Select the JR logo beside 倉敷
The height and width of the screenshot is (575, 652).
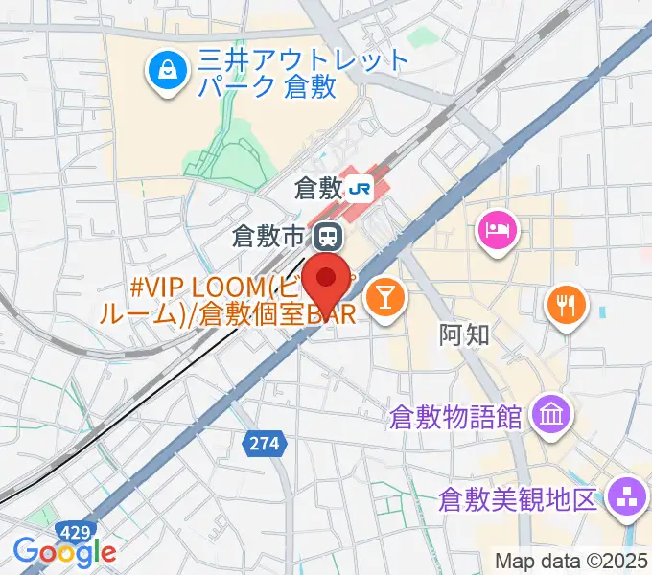(x=361, y=188)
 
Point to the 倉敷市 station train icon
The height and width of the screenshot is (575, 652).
(x=328, y=234)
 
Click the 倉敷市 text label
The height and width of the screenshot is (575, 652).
(x=272, y=234)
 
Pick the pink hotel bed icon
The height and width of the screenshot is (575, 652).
(x=499, y=229)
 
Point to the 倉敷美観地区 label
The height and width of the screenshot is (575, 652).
(x=519, y=499)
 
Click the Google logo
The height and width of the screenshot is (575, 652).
(x=64, y=552)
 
